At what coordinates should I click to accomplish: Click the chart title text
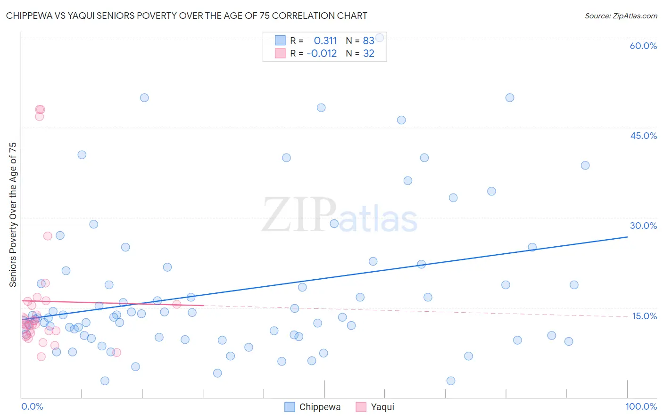point(187,16)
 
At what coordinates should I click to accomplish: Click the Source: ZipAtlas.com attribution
point(621,16)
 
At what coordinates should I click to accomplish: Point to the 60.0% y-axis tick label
point(643,46)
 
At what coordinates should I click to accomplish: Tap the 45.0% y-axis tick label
point(643,136)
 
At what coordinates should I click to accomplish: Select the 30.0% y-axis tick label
point(643,226)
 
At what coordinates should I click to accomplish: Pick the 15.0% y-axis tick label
point(644,316)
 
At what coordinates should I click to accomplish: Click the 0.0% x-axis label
point(32,406)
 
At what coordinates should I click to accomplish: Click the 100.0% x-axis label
point(641,406)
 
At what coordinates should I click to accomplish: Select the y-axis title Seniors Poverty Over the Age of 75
point(13,215)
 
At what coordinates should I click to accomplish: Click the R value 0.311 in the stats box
point(325,41)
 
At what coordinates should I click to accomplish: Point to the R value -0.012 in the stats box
point(322,54)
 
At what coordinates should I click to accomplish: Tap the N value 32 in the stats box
point(368,54)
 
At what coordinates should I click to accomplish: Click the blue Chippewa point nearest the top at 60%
point(379,38)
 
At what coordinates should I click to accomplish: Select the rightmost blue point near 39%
point(585,165)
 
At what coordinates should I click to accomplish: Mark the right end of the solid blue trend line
point(627,237)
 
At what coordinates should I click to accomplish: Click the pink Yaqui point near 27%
point(48,236)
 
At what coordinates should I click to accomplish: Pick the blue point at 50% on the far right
point(510,98)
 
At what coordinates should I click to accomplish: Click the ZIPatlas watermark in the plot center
point(340,216)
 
